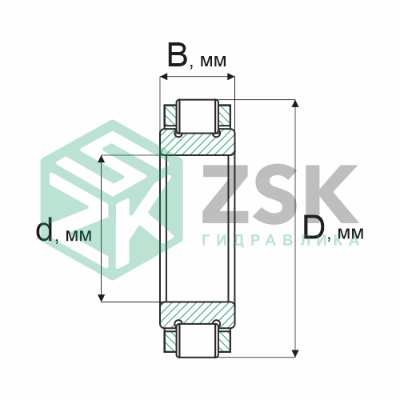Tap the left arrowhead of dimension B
point(164,77)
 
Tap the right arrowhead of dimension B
point(231,77)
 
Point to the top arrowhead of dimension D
point(295,103)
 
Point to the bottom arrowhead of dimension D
point(295,354)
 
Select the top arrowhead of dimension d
point(101,158)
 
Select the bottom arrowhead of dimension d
point(101,298)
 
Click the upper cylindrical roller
point(198,116)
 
